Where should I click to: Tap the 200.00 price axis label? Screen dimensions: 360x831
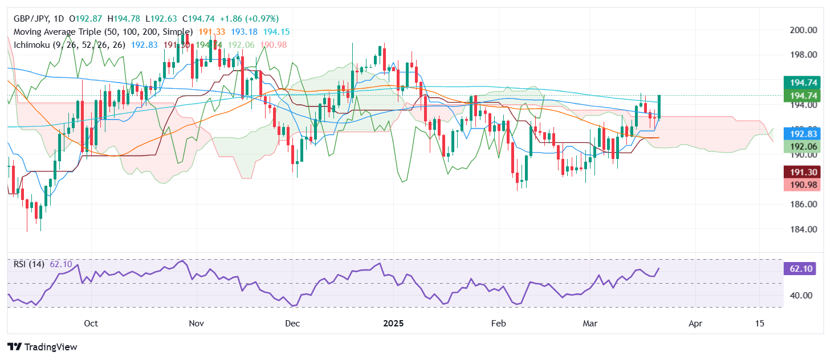[x=803, y=30]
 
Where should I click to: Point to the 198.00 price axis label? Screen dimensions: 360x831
[x=803, y=55]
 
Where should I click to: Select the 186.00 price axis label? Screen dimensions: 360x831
[x=803, y=204]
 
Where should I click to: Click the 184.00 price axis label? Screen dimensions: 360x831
[x=803, y=230]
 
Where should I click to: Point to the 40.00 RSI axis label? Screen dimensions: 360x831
[x=803, y=296]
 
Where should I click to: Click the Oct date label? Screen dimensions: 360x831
[x=91, y=324]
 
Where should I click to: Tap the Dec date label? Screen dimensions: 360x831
[x=292, y=324]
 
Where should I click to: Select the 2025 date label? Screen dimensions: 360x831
[x=393, y=324]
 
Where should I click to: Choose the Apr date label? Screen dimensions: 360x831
[x=695, y=324]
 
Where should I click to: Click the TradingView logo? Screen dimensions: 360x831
[x=42, y=347]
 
